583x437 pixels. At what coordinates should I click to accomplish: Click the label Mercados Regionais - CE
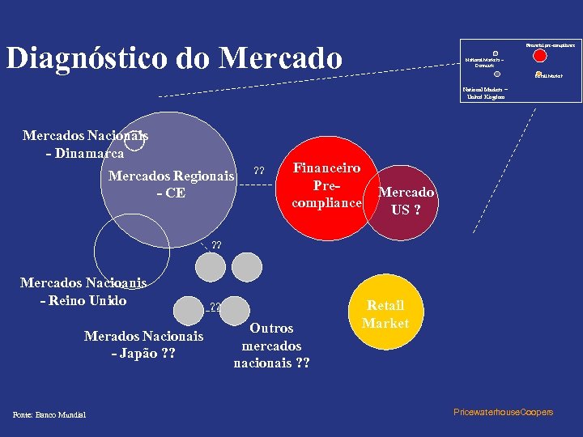point(171,185)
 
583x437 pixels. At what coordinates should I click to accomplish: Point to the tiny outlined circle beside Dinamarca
point(134,142)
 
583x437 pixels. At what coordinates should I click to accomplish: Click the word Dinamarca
point(88,153)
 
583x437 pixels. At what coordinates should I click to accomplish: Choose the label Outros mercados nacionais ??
point(271,346)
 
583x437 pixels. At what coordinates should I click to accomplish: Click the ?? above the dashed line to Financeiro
point(259,171)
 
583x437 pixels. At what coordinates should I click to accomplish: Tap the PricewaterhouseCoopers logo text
point(504,413)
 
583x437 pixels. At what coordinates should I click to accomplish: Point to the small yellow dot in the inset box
point(538,74)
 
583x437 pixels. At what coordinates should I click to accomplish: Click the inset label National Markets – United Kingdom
point(485,92)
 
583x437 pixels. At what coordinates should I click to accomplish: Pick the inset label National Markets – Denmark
point(484,62)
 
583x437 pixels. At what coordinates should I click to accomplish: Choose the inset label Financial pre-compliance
point(550,45)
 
